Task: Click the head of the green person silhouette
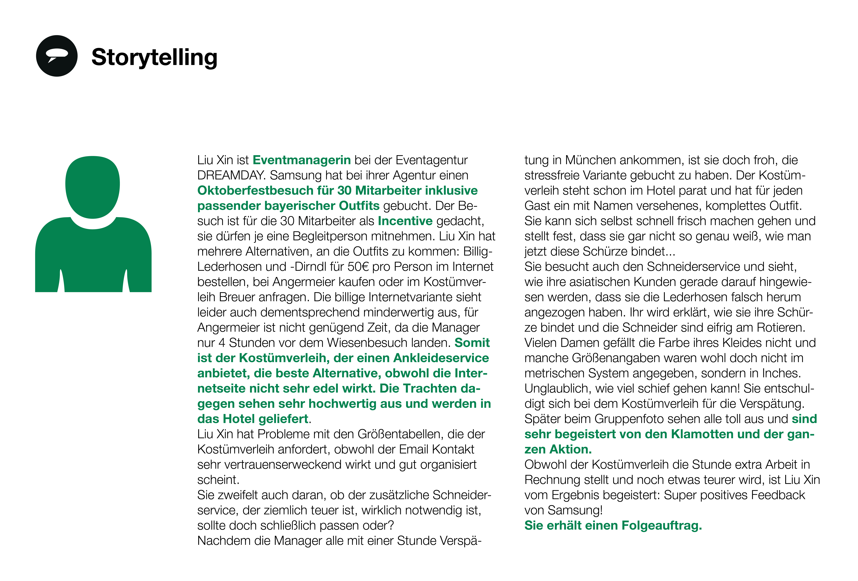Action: click(x=93, y=186)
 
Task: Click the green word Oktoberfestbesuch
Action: click(x=256, y=190)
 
